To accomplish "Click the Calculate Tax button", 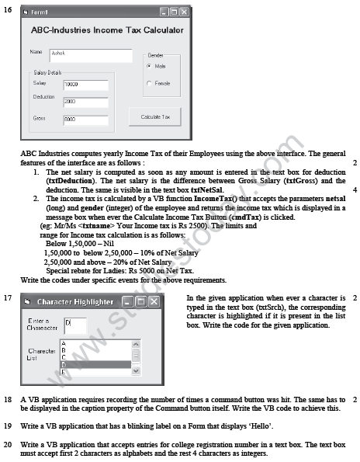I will point(155,116).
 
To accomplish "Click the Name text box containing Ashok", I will point(90,55).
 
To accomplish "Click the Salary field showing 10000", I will point(85,83).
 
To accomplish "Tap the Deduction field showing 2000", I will point(85,101).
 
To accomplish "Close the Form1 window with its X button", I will point(183,12).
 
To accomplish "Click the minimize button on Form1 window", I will point(164,12).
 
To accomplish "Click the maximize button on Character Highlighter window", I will point(141,300).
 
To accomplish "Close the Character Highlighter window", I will point(154,300).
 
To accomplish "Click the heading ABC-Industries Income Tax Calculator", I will point(107,30).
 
